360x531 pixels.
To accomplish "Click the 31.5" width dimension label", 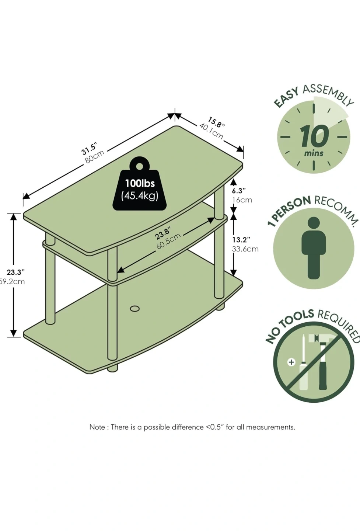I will tap(89, 149).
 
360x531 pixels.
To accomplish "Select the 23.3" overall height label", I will tap(16, 272).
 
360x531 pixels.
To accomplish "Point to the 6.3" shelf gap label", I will tap(239, 191).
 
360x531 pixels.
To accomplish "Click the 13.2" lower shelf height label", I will tap(241, 240).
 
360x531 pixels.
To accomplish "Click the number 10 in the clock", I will tap(314, 136).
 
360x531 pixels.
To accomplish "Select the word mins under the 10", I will tap(314, 153).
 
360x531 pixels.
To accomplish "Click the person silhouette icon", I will tap(314, 247).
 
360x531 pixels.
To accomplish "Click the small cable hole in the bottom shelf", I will tap(135, 308).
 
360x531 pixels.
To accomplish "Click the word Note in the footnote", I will tap(97, 427).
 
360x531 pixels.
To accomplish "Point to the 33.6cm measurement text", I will tap(245, 249).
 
